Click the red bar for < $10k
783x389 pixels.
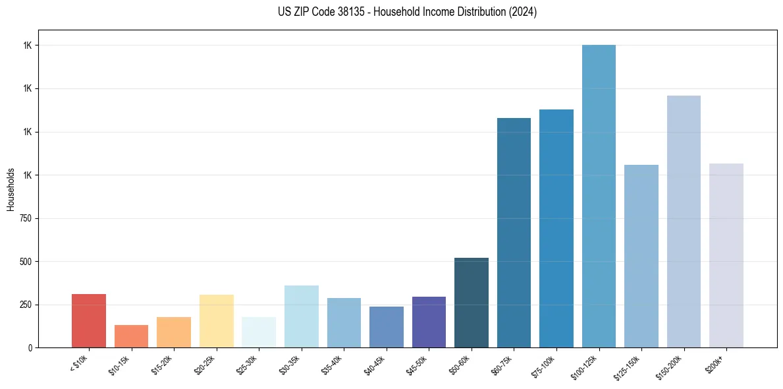[x=89, y=321]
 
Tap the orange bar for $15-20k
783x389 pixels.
[x=174, y=332]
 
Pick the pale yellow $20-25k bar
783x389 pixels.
[x=217, y=321]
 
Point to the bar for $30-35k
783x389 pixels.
[x=302, y=316]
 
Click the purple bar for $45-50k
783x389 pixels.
[x=429, y=322]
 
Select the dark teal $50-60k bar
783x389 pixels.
[x=472, y=303]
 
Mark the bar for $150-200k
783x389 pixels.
[x=684, y=222]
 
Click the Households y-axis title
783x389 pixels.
[x=11, y=189]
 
